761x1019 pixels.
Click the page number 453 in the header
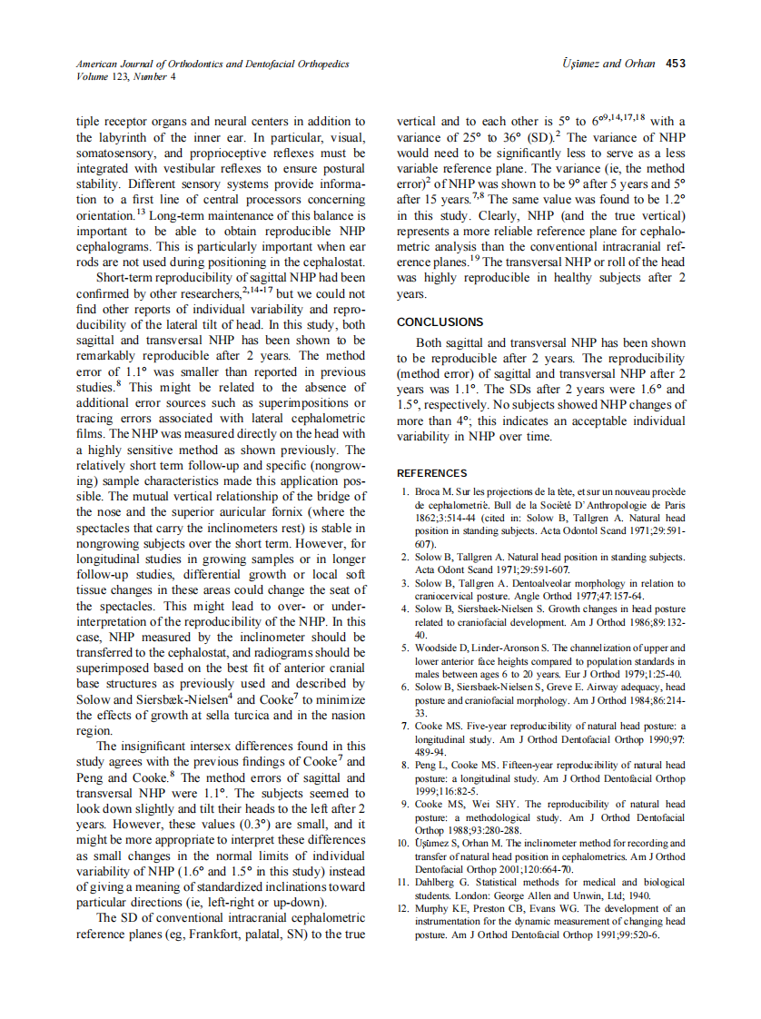tap(675, 64)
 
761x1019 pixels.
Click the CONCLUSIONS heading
tap(440, 322)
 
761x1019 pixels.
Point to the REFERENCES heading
tap(432, 473)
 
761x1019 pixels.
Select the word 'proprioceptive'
tap(225, 153)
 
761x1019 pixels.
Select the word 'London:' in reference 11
tap(466, 894)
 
